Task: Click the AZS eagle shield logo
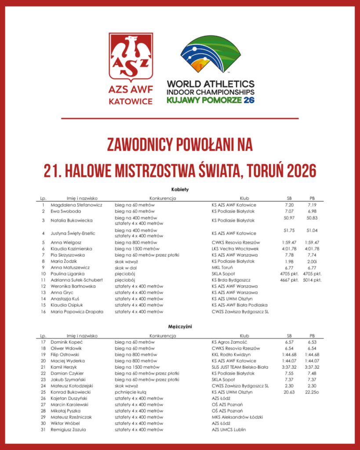(131, 57)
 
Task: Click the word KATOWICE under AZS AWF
(131, 102)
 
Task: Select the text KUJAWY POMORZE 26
(211, 100)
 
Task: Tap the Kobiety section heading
(180, 189)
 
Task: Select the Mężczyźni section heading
(180, 327)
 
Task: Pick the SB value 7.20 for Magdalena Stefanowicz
(289, 205)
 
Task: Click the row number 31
(43, 429)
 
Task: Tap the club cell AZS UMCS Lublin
(229, 429)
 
